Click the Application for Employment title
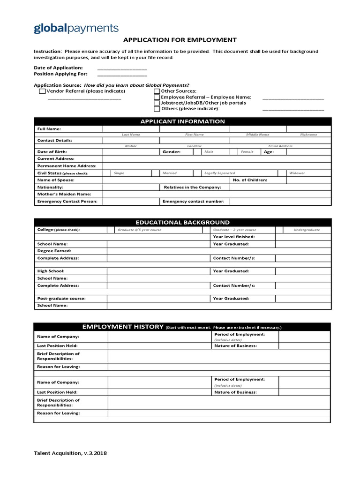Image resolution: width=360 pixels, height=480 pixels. coord(180,40)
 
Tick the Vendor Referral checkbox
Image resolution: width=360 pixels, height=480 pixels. coord(42,91)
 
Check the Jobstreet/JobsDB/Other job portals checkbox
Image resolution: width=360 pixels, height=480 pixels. coord(157,103)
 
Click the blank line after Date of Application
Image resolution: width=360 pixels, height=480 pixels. coord(122,68)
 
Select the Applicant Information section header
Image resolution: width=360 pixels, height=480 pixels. coord(183,121)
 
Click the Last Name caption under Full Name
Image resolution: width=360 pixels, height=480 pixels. coord(131,135)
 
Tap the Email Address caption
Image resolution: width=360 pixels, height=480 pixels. coord(280,146)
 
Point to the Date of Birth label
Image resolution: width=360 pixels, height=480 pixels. coord(52,152)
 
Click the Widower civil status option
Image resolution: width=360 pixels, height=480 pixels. coord(297,173)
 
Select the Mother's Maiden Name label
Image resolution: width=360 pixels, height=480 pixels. coord(64,194)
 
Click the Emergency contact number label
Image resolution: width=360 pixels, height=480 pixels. coord(193,202)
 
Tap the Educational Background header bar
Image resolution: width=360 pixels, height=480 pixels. coord(182,222)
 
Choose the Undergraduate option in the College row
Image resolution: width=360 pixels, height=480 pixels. coord(307,230)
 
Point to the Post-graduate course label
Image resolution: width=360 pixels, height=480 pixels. coord(61,298)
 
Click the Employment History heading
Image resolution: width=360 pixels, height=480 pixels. coord(122,326)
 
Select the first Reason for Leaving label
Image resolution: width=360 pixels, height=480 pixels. coord(58,367)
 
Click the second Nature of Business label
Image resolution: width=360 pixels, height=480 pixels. coord(235,392)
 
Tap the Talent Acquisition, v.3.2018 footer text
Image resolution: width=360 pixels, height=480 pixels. coord(73,453)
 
